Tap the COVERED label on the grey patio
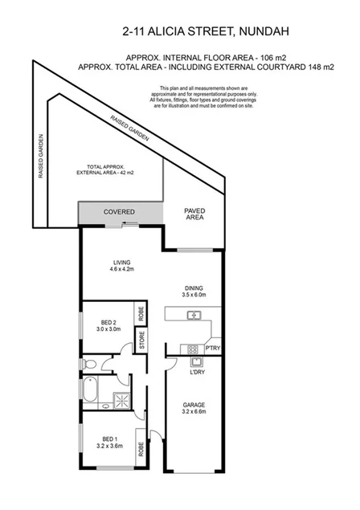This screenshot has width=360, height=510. tap(120, 212)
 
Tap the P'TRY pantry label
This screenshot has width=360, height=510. tap(212, 348)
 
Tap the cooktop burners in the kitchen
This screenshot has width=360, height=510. tap(192, 349)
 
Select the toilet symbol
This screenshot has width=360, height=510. tap(91, 365)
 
